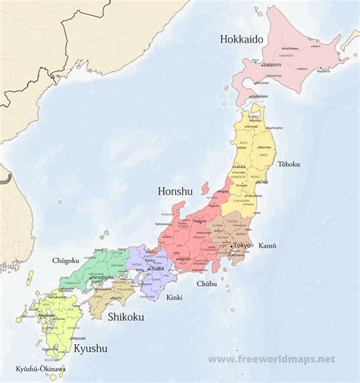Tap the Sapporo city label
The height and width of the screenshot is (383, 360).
(273, 65)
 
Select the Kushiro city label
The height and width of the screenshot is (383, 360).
(324, 71)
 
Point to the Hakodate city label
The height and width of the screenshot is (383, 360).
(260, 97)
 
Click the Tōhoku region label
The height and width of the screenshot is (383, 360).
(289, 163)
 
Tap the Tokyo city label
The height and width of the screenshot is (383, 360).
(242, 245)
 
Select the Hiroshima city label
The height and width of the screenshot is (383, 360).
(103, 278)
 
